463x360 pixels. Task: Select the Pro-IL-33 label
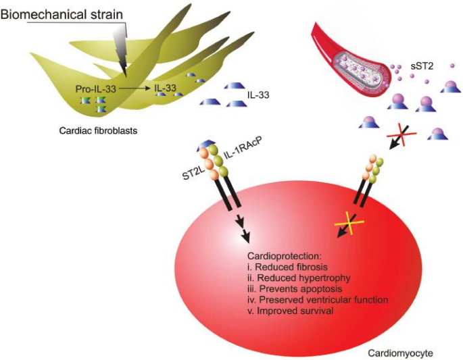[95, 89]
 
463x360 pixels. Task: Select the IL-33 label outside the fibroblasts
[260, 95]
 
